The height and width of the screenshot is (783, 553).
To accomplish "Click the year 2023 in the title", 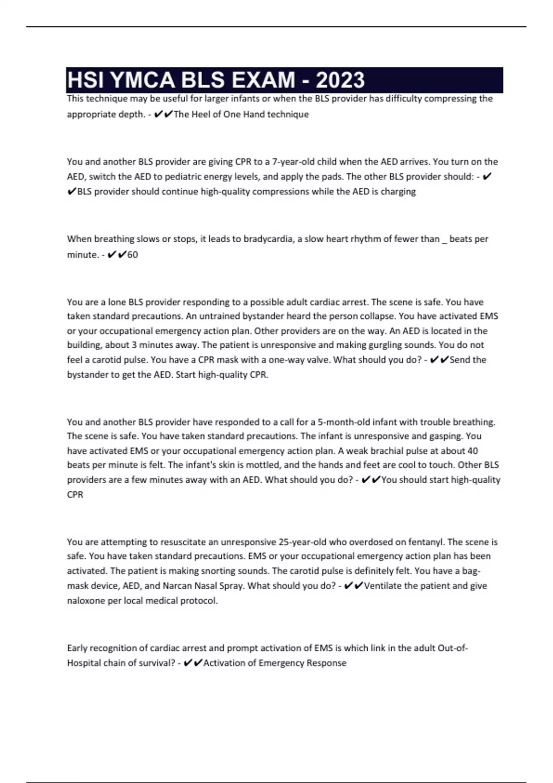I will (341, 80).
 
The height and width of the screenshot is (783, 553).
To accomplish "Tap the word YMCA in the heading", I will (143, 80).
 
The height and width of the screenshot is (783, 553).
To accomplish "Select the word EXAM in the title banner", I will (264, 80).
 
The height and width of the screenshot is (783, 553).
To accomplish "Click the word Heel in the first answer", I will (200, 114).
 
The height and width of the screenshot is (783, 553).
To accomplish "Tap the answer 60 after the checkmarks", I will (133, 255).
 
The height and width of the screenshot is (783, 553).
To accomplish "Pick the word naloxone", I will (86, 601).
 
